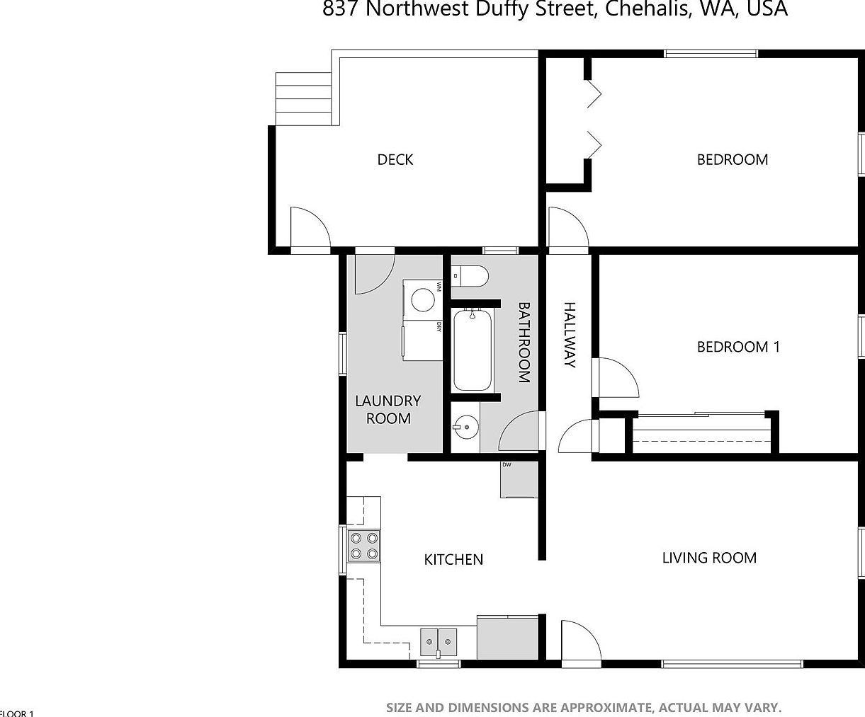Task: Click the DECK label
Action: coord(395,160)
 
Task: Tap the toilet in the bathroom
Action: coord(470,276)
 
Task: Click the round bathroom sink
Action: coord(465,428)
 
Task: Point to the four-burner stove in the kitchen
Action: coord(364,546)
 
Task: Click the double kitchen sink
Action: coord(439,642)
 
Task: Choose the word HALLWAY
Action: coord(569,335)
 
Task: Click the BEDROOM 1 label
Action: coord(738,347)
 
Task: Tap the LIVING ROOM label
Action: coord(709,558)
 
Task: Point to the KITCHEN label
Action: coord(453,560)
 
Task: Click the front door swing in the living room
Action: coord(580,641)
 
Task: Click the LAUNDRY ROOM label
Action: coord(388,409)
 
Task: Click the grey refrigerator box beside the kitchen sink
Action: coord(508,637)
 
